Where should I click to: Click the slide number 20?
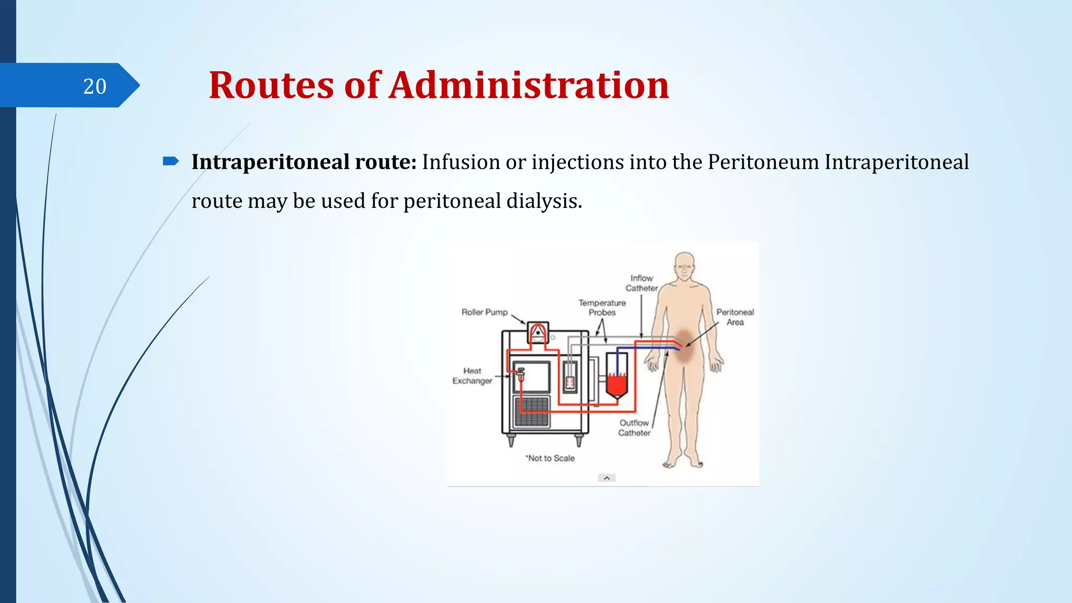95,86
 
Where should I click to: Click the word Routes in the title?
271,85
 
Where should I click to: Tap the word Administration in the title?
529,85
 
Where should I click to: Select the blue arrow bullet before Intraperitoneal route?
171,161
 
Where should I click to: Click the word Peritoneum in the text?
763,162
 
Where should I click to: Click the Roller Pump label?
484,312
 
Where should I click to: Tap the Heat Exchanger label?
472,376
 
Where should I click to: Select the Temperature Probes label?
602,308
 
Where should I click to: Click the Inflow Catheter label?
641,283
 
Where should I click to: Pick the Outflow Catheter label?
634,428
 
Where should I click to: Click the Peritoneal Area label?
735,317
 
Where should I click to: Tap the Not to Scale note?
550,458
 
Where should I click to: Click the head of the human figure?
684,266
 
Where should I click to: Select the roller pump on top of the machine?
538,332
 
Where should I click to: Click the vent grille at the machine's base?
532,411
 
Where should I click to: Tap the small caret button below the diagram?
607,478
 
